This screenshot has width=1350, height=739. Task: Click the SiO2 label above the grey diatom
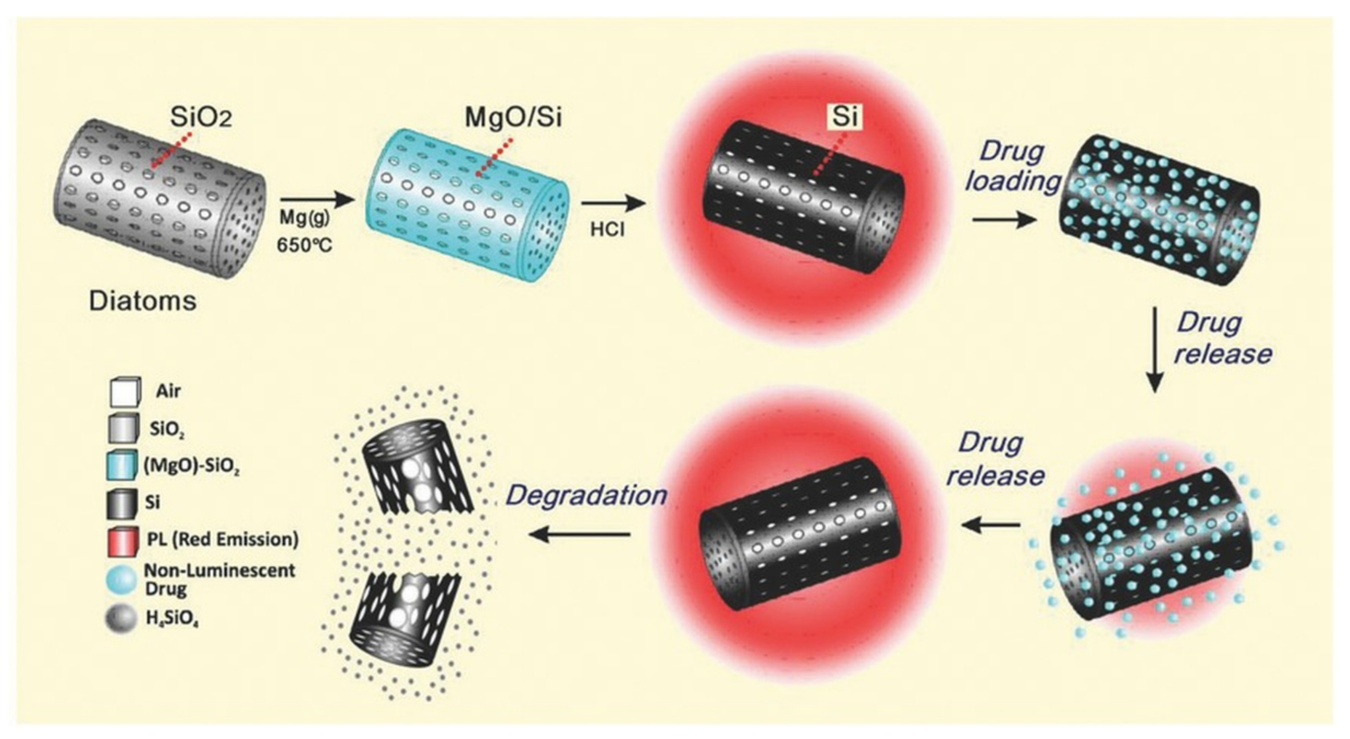coord(201,119)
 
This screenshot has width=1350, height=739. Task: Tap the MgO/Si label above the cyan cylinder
coord(513,118)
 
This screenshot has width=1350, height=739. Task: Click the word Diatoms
coord(143,302)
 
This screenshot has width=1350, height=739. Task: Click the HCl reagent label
coord(607,230)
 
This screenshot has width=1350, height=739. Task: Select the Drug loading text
coord(1012,167)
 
